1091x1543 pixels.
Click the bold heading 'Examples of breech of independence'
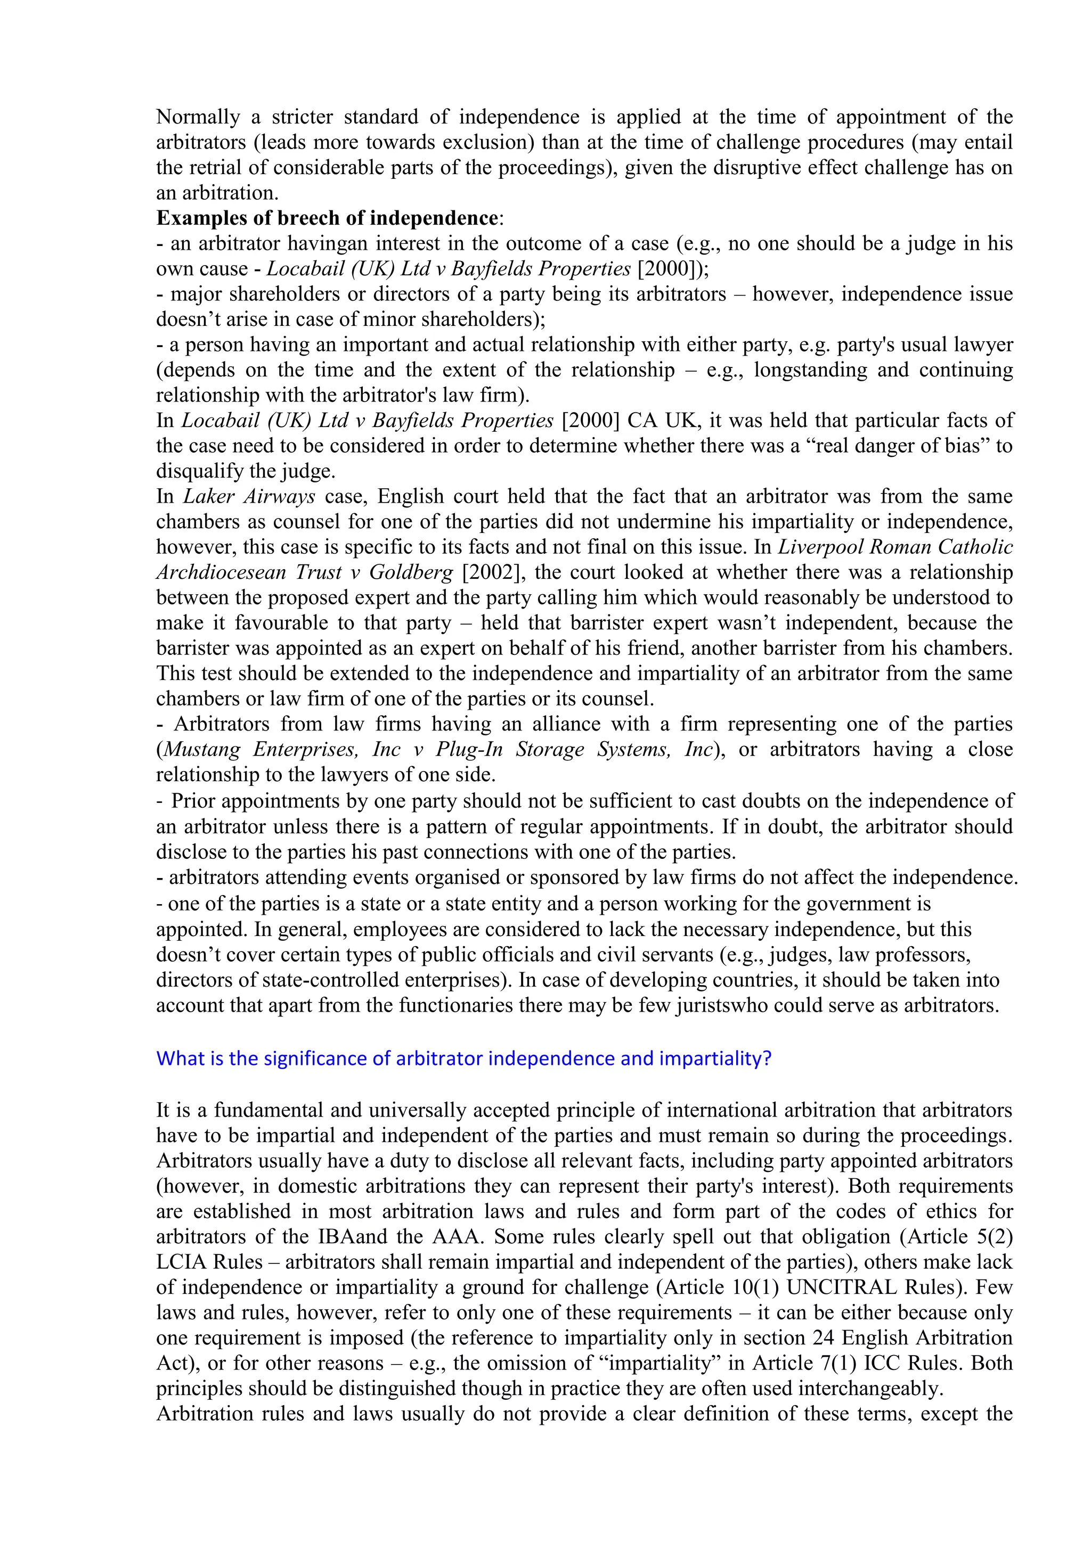click(327, 218)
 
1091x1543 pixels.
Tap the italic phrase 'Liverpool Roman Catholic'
click(895, 547)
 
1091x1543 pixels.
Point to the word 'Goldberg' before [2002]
click(411, 572)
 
